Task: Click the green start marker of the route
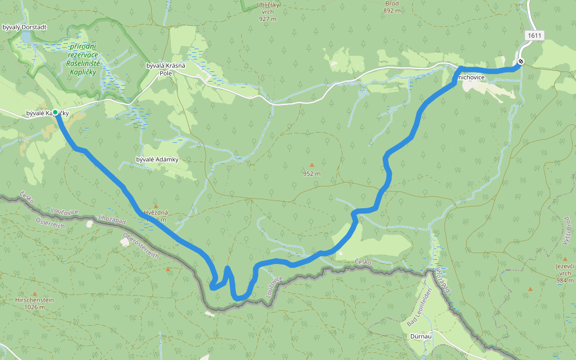(x=55, y=112)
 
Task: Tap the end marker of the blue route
(x=521, y=61)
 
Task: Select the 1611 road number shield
(x=534, y=36)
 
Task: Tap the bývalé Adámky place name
(x=158, y=159)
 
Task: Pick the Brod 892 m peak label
(x=392, y=7)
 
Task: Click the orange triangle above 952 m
(x=311, y=165)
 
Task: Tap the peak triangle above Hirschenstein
(x=35, y=293)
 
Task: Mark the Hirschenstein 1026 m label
(x=35, y=304)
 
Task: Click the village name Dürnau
(x=422, y=337)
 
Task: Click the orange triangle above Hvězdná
(x=156, y=205)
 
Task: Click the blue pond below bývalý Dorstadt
(x=26, y=39)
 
